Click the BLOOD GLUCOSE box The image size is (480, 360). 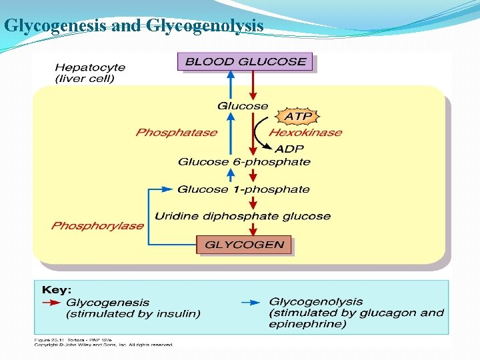(245, 62)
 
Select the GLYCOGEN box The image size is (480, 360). (244, 245)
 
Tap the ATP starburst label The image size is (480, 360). (299, 117)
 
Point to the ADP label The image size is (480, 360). (289, 148)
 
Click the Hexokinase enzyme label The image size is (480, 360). (305, 133)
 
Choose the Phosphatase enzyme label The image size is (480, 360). (176, 133)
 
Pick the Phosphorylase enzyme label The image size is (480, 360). (97, 225)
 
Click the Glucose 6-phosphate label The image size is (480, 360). (244, 162)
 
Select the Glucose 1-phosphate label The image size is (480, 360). (243, 189)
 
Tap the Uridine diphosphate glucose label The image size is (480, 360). (243, 216)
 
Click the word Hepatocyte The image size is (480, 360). (89, 67)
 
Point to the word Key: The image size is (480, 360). (57, 290)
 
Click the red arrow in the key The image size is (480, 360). (51, 302)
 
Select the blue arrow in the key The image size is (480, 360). (251, 302)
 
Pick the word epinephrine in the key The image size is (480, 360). (307, 324)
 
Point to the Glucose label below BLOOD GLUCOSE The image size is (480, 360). (243, 106)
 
